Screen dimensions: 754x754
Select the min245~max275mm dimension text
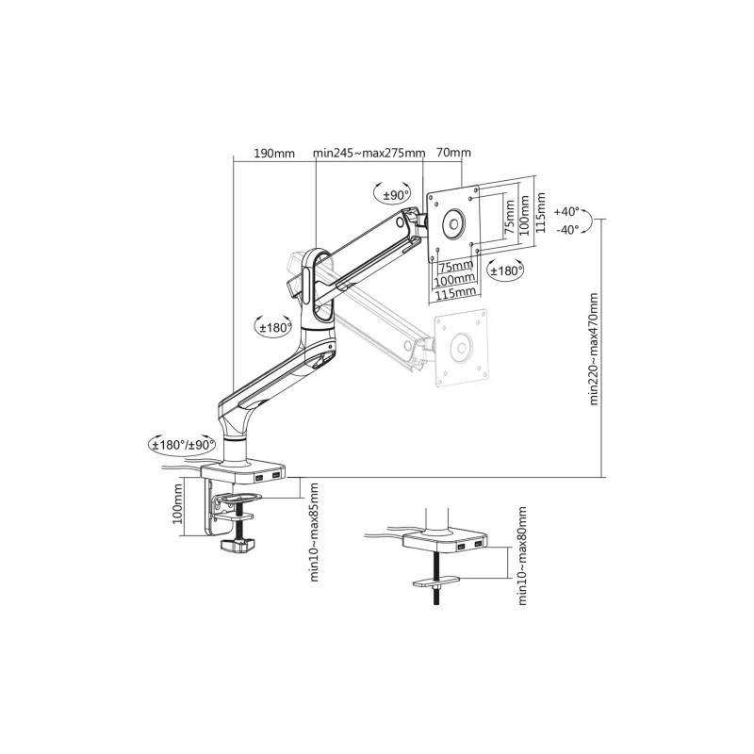(369, 153)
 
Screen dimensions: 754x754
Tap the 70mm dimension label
(454, 153)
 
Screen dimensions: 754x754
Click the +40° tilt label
(567, 211)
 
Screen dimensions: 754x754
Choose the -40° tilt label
(567, 230)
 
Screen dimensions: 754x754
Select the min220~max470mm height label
(595, 349)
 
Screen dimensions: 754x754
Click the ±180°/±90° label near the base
(182, 443)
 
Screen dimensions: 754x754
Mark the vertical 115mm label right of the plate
(541, 214)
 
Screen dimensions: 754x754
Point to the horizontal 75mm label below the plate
(458, 267)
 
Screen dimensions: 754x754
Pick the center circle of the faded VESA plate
(462, 345)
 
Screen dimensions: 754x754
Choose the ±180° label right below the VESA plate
(506, 270)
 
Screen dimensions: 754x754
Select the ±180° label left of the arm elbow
(274, 327)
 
